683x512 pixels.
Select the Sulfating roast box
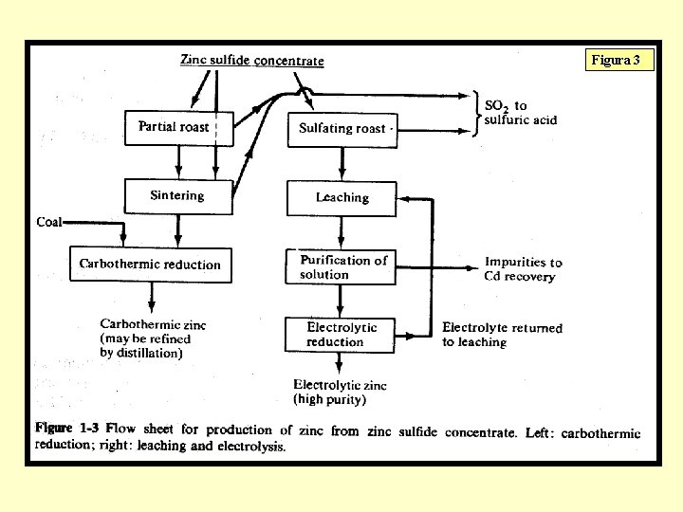pyautogui.click(x=341, y=128)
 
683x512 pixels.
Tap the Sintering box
pyautogui.click(x=177, y=196)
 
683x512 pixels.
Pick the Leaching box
pyautogui.click(x=341, y=198)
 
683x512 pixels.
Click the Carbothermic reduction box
pyautogui.click(x=150, y=264)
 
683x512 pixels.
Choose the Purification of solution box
pyautogui.click(x=341, y=266)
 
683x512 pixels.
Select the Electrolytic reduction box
pyautogui.click(x=341, y=334)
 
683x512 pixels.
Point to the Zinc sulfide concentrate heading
pyautogui.click(x=252, y=61)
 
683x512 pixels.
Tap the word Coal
pyautogui.click(x=49, y=222)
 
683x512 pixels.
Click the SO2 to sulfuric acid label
pyautogui.click(x=520, y=113)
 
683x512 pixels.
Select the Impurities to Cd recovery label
pyautogui.click(x=523, y=269)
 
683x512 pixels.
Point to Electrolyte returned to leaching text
pyautogui.click(x=502, y=335)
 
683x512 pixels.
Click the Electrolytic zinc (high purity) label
pyautogui.click(x=340, y=392)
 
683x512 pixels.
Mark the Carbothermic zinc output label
pyautogui.click(x=153, y=338)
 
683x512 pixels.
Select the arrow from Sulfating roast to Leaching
pyautogui.click(x=341, y=164)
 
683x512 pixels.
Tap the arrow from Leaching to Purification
pyautogui.click(x=341, y=231)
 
